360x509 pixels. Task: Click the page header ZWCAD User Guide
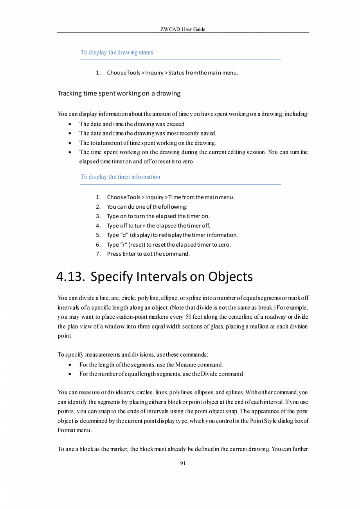(x=183, y=29)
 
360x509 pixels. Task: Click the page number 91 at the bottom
(x=183, y=463)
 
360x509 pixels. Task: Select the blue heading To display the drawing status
(x=117, y=52)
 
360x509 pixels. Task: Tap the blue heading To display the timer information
(x=121, y=177)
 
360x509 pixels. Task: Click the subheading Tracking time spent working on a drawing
(x=119, y=94)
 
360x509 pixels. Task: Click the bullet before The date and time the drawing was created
(x=69, y=124)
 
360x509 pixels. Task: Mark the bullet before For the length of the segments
(x=69, y=365)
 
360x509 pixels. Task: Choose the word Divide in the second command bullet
(x=210, y=374)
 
